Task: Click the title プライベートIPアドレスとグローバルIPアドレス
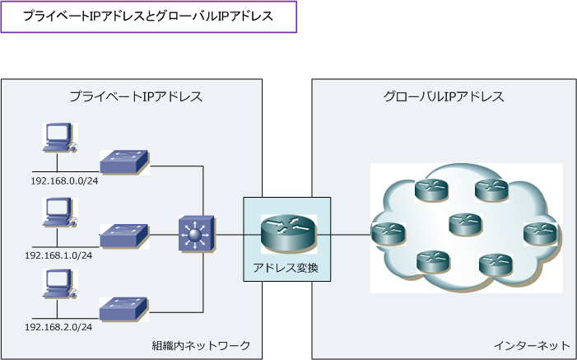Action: point(148,16)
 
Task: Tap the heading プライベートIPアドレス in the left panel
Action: point(136,96)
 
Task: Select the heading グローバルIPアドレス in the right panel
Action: point(444,96)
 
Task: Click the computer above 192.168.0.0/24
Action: point(58,138)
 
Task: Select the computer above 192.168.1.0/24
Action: point(58,212)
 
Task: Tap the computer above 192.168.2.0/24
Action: point(58,284)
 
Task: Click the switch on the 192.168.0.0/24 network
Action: point(124,161)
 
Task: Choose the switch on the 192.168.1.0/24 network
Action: point(124,236)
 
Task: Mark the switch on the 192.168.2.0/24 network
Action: point(124,308)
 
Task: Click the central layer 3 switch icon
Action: point(196,235)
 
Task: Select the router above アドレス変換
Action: point(287,233)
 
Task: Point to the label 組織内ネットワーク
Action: point(201,344)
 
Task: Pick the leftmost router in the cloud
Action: point(389,233)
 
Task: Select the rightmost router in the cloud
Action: point(540,234)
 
